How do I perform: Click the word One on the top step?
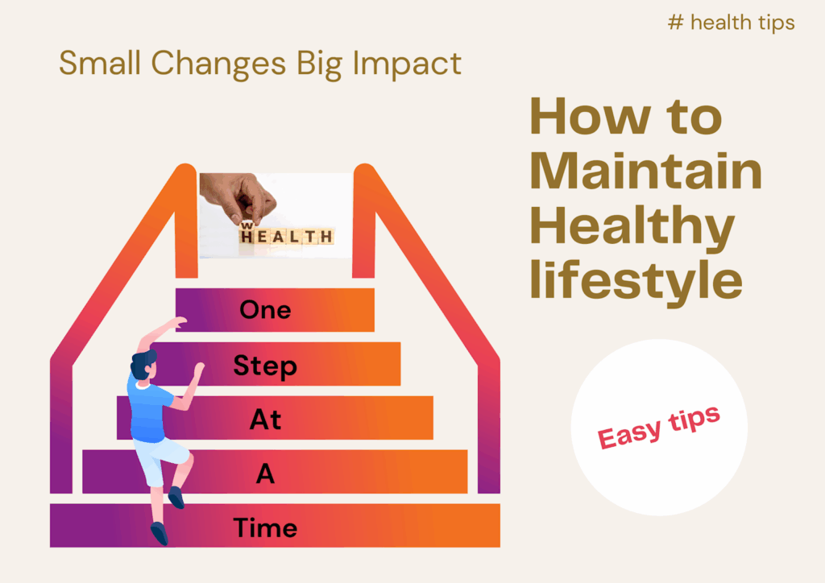click(x=265, y=310)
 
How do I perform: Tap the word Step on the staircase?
click(x=265, y=366)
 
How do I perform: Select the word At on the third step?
click(x=265, y=419)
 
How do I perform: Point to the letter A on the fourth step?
click(x=265, y=473)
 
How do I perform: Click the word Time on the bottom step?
click(x=265, y=527)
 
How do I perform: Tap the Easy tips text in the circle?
click(x=658, y=427)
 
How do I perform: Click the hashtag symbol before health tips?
click(x=676, y=23)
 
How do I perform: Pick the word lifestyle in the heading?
click(x=636, y=280)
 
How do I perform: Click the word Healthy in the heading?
click(x=632, y=227)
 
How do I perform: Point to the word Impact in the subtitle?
click(x=407, y=64)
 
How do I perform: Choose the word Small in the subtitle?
click(x=100, y=63)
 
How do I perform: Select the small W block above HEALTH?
click(x=247, y=225)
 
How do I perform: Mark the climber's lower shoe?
click(x=160, y=533)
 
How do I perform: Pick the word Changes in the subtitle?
click(x=218, y=64)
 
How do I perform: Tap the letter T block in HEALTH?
click(x=311, y=237)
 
